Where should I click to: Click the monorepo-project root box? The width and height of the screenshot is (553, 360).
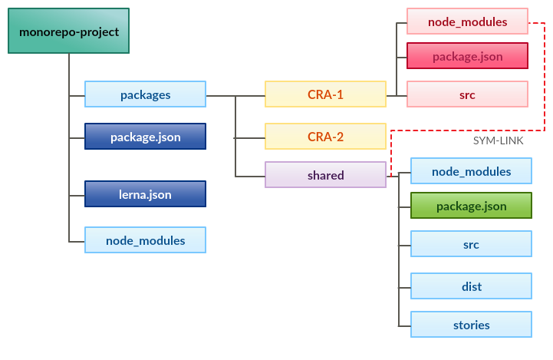tap(69, 31)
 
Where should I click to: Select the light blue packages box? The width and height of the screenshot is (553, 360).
tap(145, 94)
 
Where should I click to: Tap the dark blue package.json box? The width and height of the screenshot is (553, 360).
tap(145, 137)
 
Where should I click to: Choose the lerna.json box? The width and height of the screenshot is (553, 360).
tap(145, 194)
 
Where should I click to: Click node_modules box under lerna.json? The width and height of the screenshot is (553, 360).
tap(145, 240)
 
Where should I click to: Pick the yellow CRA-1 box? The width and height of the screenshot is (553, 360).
tap(325, 94)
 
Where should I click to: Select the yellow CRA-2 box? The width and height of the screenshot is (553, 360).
tap(325, 137)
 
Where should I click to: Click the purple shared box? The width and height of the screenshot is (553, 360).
tap(325, 175)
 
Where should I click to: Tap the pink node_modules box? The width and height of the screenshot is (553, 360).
tap(467, 21)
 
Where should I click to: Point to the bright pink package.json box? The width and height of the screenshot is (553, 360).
tap(467, 56)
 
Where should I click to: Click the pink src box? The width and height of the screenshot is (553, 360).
tap(467, 94)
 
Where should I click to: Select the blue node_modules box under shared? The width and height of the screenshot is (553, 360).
tap(471, 171)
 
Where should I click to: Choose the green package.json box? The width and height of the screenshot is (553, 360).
tap(471, 206)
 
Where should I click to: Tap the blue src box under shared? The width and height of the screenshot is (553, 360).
tap(471, 244)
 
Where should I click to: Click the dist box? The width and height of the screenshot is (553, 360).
tap(471, 286)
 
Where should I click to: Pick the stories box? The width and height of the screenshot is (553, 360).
tap(471, 325)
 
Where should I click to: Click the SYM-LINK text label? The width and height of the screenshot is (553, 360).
tap(499, 142)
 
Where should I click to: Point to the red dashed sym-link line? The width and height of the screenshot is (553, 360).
tap(544, 77)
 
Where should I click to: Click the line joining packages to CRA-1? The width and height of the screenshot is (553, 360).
tap(235, 96)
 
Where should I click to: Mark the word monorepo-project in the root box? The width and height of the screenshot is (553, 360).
tap(69, 31)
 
